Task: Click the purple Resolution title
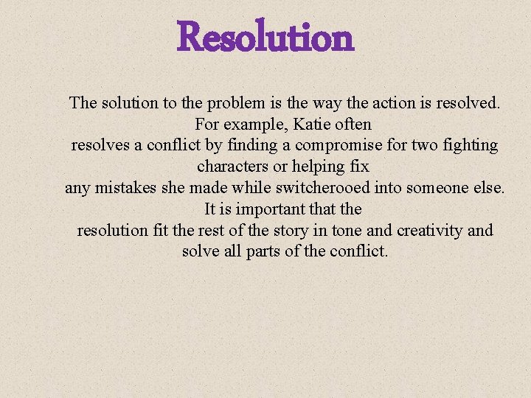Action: (265, 38)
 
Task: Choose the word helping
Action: (317, 167)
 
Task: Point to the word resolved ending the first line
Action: (470, 102)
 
